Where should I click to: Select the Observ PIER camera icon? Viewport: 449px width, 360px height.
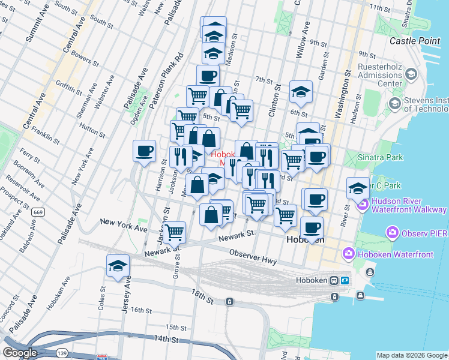(x=393, y=232)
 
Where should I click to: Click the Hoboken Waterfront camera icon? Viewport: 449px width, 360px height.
(x=349, y=254)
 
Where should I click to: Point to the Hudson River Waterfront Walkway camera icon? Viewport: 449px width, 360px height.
(x=362, y=205)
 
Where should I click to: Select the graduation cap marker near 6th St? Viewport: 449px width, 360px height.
(x=301, y=92)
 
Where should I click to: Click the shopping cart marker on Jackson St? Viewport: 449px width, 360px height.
(x=174, y=232)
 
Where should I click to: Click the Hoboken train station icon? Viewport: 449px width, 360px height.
(x=346, y=281)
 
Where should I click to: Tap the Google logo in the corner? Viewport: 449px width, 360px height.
(x=19, y=353)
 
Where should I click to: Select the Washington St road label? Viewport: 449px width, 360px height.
(x=343, y=96)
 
